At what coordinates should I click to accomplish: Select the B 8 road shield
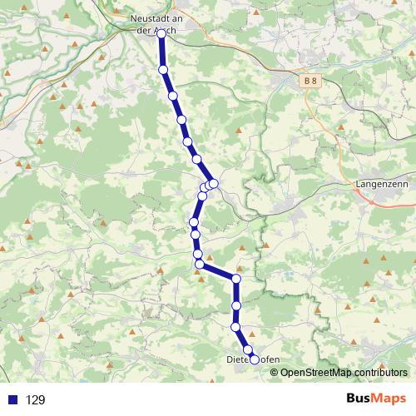tap(310, 81)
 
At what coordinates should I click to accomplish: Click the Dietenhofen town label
tap(253, 359)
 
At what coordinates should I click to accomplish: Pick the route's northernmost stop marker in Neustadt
tap(161, 34)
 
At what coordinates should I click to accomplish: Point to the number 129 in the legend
tap(35, 400)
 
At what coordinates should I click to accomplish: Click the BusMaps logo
tap(374, 399)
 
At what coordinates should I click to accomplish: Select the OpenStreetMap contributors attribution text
tap(339, 372)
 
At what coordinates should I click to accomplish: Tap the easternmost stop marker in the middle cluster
tap(214, 183)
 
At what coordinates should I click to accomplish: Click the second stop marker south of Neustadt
tap(173, 97)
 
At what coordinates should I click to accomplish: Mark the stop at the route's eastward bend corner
tap(237, 280)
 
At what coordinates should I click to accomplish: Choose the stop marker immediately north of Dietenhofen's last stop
tap(247, 349)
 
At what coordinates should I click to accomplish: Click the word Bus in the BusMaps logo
tap(360, 399)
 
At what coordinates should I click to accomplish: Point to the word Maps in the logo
tap(388, 399)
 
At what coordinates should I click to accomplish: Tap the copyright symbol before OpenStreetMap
tap(275, 372)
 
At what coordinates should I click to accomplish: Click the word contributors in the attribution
tap(370, 372)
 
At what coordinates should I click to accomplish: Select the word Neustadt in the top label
tap(150, 16)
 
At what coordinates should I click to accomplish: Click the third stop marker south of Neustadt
tap(181, 121)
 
